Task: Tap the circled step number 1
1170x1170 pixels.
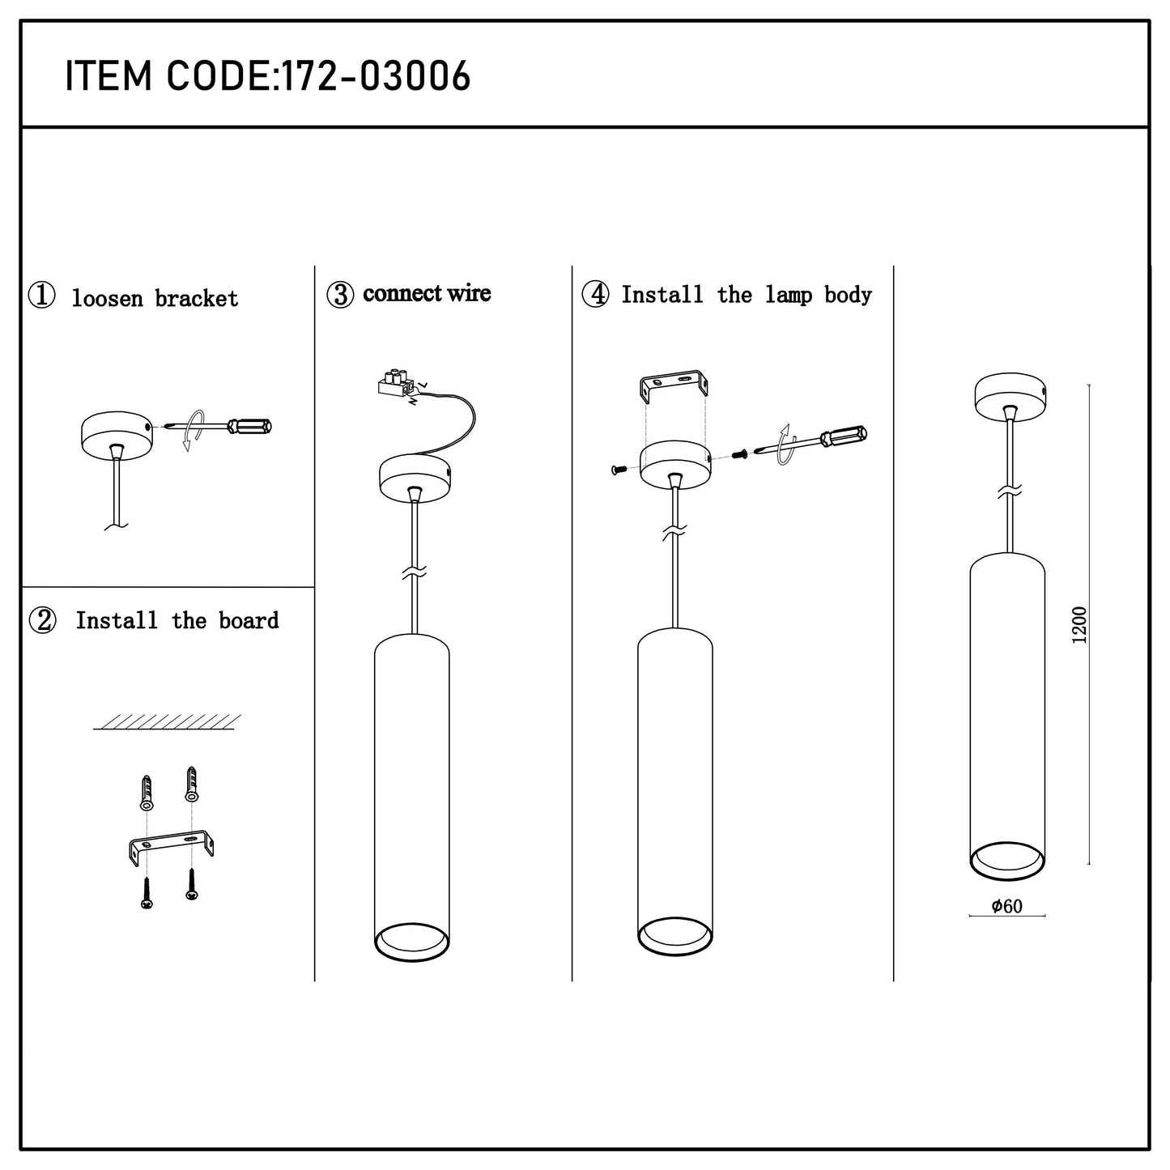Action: [x=42, y=296]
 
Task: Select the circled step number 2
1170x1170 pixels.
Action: [x=42, y=620]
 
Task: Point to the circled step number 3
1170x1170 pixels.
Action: [x=340, y=295]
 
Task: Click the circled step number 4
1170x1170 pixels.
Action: [x=595, y=295]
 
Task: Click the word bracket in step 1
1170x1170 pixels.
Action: [x=196, y=299]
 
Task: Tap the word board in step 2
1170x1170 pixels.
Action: [x=249, y=620]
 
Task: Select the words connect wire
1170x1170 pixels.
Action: [x=427, y=293]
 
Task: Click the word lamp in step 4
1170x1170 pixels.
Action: [x=788, y=295]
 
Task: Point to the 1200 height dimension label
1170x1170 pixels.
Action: [x=1079, y=625]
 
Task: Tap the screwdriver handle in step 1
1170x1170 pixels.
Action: [x=249, y=426]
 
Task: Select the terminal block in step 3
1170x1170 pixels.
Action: [x=395, y=383]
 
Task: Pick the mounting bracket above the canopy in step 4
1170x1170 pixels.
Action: [x=674, y=384]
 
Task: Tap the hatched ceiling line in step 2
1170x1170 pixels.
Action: [x=167, y=722]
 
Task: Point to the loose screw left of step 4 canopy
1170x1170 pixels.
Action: [x=619, y=470]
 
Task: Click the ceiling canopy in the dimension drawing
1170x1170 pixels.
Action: [x=1010, y=394]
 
